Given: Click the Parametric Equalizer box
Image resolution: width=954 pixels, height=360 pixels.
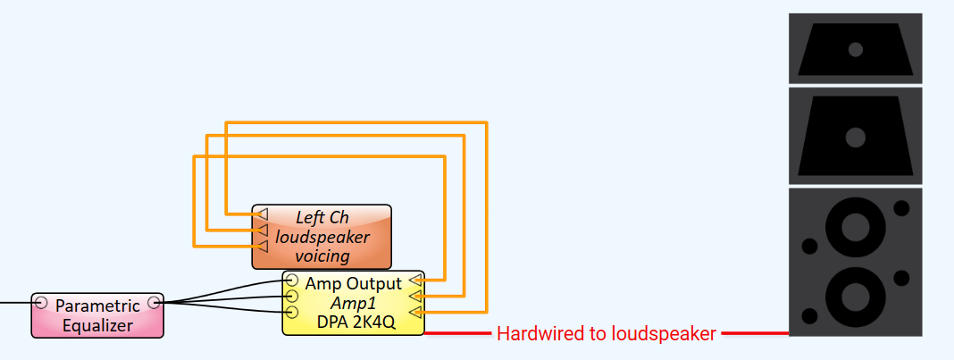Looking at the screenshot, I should (x=97, y=315).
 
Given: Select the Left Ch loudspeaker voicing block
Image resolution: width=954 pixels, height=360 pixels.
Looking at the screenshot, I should (x=322, y=237).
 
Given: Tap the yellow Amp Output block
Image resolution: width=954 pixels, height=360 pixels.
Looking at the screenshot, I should (x=353, y=303).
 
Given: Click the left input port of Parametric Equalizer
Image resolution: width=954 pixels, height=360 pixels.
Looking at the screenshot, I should (x=41, y=303).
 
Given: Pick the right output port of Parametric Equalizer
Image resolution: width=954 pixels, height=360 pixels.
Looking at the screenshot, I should (x=154, y=303).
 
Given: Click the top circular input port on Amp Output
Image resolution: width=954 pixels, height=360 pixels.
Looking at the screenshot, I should (x=291, y=281).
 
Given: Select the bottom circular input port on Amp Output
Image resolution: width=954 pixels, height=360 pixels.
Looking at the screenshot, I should (x=291, y=312).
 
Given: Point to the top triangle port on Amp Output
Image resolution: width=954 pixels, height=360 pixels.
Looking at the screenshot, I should (x=415, y=280).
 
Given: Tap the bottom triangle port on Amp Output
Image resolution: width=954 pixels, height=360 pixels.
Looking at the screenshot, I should (x=415, y=311).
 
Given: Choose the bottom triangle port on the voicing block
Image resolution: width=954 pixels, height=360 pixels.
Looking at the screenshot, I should (x=261, y=245).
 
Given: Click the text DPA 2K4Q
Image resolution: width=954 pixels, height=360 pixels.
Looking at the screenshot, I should (x=354, y=322).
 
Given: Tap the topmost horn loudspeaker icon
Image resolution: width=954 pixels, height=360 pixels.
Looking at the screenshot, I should (x=855, y=49).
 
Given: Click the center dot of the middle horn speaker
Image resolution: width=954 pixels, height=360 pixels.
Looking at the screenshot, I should (x=856, y=137).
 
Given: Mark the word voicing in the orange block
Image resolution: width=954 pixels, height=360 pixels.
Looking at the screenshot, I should (x=322, y=256).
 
